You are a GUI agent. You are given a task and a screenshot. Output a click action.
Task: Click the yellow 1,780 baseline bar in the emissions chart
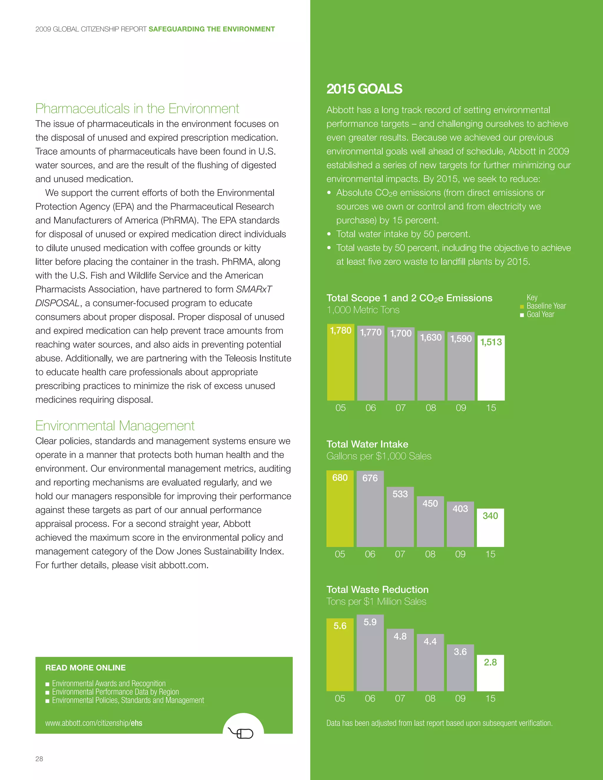coord(340,363)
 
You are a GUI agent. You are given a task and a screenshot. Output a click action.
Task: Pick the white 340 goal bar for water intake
coord(490,528)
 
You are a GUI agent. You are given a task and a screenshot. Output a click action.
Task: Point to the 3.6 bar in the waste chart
coord(460,668)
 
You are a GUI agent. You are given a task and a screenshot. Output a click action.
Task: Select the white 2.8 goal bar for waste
coord(490,673)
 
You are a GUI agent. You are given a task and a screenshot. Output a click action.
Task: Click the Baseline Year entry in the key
coord(546,306)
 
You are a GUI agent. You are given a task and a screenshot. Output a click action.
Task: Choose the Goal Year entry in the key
coord(540,315)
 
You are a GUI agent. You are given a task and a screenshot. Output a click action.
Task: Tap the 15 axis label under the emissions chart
coord(491,408)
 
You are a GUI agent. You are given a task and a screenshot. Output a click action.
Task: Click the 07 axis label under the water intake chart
coord(400,554)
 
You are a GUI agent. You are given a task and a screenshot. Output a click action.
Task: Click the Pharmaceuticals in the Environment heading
coord(137,109)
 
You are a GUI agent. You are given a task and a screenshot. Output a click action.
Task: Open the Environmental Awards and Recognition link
coord(109,683)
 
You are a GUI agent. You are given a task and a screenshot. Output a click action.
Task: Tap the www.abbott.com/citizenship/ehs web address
coord(94,723)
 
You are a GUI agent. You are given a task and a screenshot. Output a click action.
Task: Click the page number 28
coord(39,759)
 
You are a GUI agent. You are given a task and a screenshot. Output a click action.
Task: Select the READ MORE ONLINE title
coord(85,668)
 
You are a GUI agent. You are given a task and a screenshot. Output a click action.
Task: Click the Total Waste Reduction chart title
coord(377,590)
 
